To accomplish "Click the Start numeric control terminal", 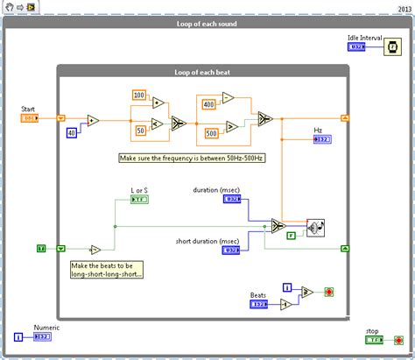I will pos(29,116).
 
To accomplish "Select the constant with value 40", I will pos(72,132).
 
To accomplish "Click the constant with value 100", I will pos(139,95).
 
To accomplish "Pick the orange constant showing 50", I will pos(141,130).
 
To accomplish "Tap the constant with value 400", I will pos(210,104).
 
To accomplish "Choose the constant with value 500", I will pos(211,132).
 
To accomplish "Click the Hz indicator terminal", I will pos(322,138).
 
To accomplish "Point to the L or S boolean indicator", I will pos(140,199).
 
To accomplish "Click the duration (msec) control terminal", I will pos(232,199).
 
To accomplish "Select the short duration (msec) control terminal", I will pos(232,250).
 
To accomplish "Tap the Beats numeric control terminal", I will pos(259,305).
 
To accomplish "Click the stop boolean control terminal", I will pos(374,340).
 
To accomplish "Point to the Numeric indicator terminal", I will pos(43,335).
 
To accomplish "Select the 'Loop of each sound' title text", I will pos(207,24).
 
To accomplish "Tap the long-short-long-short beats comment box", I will pos(95,269).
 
